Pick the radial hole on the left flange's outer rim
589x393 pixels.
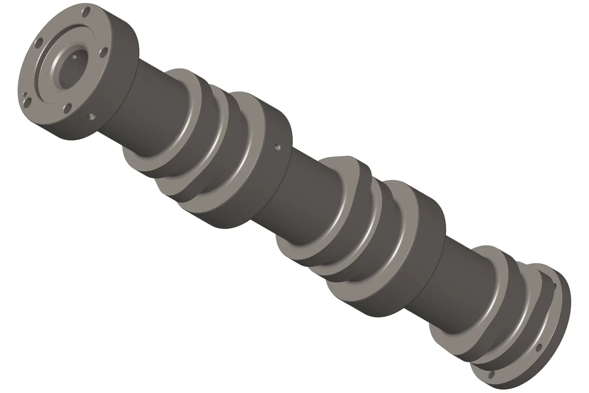point(91,117)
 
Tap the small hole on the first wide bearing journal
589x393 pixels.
point(277,145)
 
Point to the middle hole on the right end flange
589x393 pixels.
point(539,347)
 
